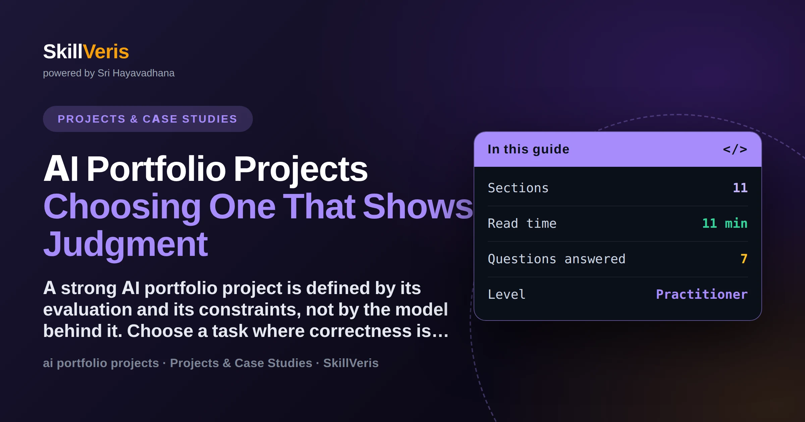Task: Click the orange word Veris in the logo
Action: pos(106,52)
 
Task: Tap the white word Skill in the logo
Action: pos(63,52)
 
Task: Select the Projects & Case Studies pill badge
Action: pos(148,119)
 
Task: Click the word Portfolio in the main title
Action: pos(156,169)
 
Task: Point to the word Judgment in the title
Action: pos(126,245)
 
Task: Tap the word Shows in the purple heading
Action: pos(418,207)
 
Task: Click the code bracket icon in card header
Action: pos(735,149)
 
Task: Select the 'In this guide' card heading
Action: pos(528,149)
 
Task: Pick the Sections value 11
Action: pos(740,188)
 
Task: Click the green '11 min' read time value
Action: pos(725,223)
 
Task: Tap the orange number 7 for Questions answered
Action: pos(744,259)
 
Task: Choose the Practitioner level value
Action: pos(702,294)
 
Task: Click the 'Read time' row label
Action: pos(522,223)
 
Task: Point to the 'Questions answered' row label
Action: pos(556,259)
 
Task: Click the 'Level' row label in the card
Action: pos(506,294)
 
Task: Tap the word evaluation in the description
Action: pos(87,309)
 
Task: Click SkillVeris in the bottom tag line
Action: pos(351,363)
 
